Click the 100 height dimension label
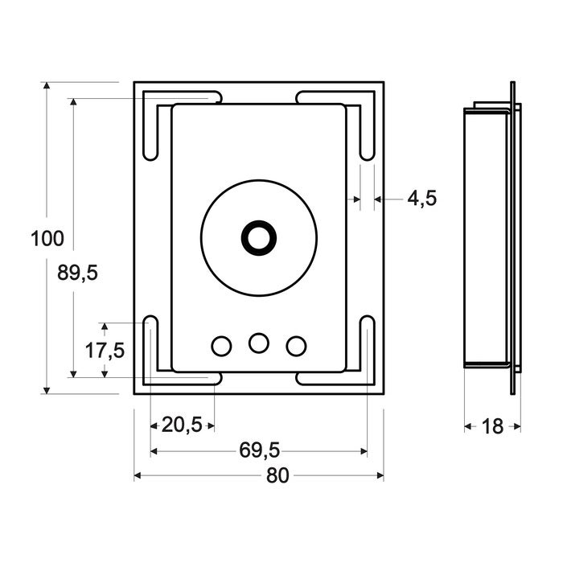pos(47,238)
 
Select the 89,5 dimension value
pos(77,273)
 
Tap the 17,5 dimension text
pos(105,350)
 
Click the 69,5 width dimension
pos(259,450)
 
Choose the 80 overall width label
pos(277,475)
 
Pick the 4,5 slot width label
pos(421,198)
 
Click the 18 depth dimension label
pos(492,426)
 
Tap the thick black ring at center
pos(258,237)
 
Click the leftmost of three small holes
pos(220,346)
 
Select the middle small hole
pos(258,343)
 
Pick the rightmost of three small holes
pos(296,346)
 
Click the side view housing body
pos(486,238)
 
